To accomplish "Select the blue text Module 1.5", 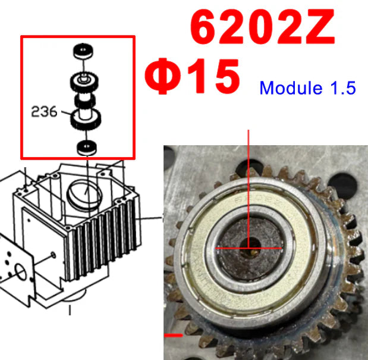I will [x=308, y=88].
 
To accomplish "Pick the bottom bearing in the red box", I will [x=87, y=146].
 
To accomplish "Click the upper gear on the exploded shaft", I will [x=83, y=79].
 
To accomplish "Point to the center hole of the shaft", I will [x=250, y=245].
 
